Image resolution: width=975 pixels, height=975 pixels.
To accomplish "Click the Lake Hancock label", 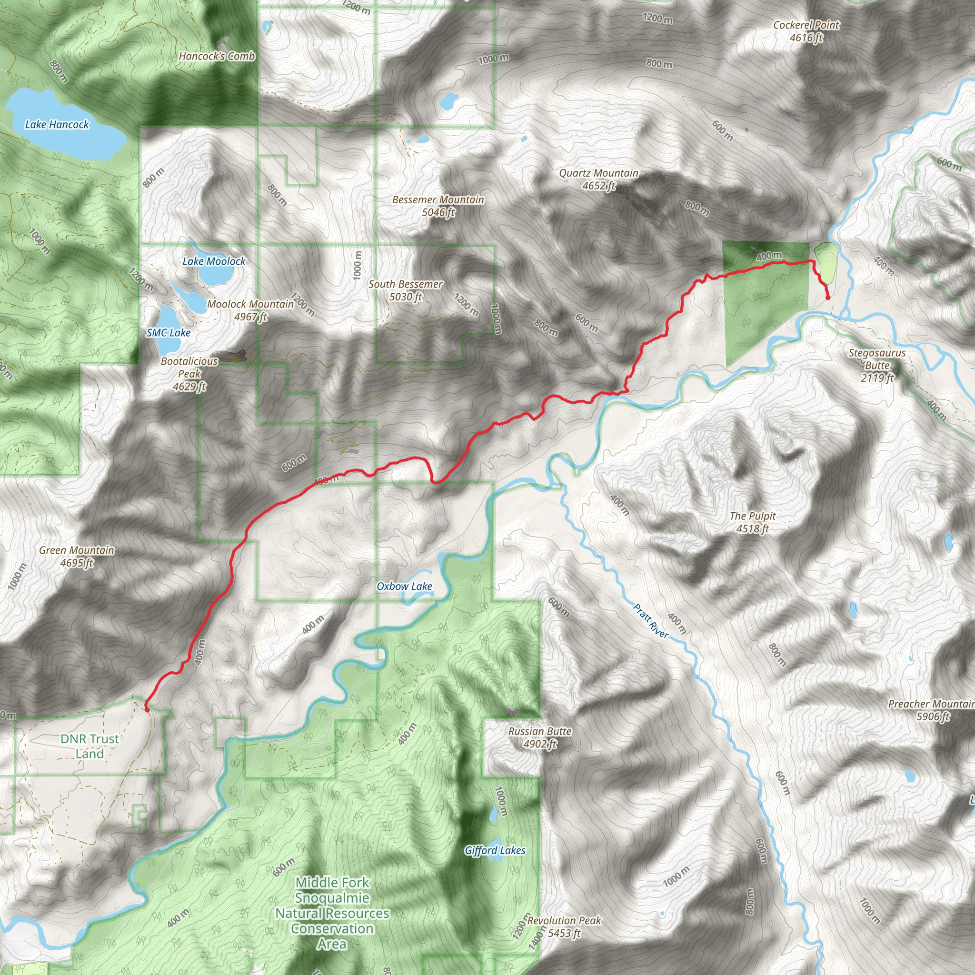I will [57, 125].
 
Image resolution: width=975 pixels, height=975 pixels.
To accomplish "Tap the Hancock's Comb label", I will [217, 56].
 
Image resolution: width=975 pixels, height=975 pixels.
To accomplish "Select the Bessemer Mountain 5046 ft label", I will [438, 206].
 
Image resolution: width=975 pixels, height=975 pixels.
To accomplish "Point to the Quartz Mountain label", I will [598, 179].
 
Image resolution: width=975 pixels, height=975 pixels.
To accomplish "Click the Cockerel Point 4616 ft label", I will [806, 31].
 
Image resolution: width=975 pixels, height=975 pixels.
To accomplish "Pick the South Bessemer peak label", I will [405, 290].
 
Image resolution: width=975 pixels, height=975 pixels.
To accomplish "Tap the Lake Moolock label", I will [214, 261].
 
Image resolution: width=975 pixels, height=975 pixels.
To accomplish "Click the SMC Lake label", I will [169, 333].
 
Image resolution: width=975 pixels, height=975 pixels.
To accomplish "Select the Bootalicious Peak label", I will [189, 374].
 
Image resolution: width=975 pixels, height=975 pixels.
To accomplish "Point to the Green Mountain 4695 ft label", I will [77, 556].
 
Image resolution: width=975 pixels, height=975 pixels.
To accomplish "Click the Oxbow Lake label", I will [404, 587].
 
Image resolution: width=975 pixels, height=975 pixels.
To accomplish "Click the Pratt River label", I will [650, 621].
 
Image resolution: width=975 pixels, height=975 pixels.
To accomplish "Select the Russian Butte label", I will [539, 737].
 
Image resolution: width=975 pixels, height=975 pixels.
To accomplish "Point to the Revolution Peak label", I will [564, 926].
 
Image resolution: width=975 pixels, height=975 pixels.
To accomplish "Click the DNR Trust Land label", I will [90, 746].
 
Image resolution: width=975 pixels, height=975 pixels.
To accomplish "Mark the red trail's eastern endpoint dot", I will [827, 298].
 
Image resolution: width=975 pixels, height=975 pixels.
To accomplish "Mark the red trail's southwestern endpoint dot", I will [147, 709].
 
